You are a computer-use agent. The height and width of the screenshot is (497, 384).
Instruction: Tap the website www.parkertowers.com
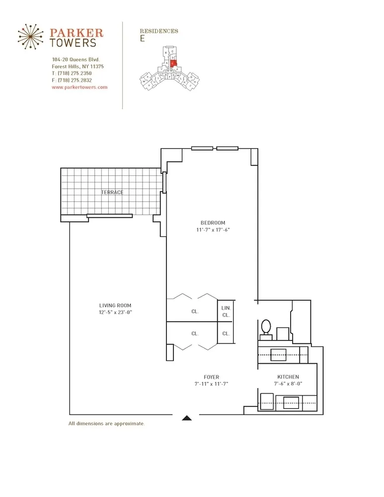point(79,87)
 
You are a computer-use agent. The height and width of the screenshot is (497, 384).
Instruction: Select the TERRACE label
point(112,192)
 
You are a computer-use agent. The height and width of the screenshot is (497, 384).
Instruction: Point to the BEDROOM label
point(213,223)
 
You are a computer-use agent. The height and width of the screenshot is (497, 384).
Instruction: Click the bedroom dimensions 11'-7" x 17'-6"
point(213,230)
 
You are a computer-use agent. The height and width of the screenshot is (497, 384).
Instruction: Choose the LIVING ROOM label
point(115,305)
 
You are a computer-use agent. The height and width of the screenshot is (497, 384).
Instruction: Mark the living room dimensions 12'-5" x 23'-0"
point(115,312)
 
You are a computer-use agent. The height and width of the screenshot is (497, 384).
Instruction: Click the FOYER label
point(211,377)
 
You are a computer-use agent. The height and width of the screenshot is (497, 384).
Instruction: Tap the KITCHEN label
point(288,377)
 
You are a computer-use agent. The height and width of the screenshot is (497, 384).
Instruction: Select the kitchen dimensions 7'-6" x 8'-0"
point(288,384)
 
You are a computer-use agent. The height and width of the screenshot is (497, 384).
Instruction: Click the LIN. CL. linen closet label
point(226,312)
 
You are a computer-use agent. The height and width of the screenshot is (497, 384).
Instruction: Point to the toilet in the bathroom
point(266,328)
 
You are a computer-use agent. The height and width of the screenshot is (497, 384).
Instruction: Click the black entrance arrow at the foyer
point(187,418)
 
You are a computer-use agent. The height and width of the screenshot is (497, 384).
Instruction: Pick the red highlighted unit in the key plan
point(174,63)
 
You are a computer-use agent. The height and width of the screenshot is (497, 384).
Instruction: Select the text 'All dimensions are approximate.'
point(106,424)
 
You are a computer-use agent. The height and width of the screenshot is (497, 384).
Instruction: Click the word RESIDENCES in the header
point(159,31)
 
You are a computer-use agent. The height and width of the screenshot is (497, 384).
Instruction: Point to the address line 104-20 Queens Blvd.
point(76,60)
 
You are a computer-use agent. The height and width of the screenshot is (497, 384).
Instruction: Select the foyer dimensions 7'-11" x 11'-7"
point(211,384)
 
